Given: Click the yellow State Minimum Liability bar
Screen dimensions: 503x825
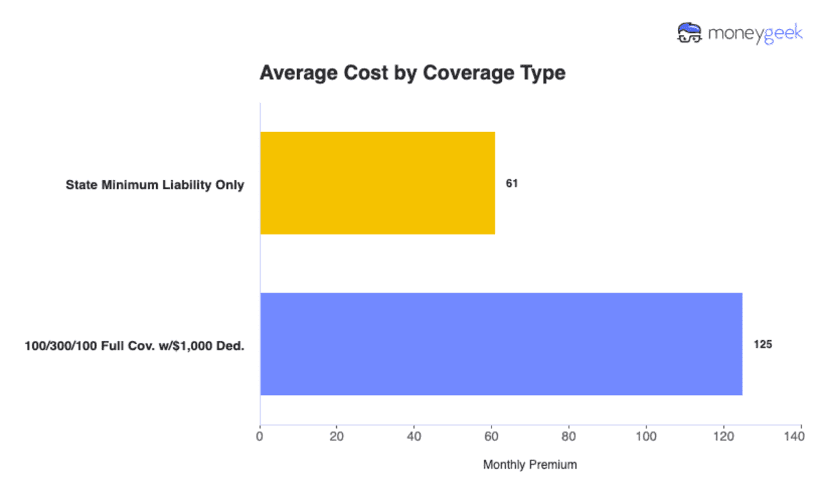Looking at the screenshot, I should pyautogui.click(x=377, y=183).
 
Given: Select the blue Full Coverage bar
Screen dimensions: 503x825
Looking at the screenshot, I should pyautogui.click(x=501, y=344).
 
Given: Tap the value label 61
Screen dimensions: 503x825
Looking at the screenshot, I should pyautogui.click(x=511, y=184).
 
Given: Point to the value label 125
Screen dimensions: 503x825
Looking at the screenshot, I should pyautogui.click(x=763, y=344).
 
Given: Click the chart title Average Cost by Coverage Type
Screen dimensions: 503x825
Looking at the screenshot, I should pyautogui.click(x=412, y=73).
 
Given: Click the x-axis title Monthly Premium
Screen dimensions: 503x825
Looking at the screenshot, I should pyautogui.click(x=530, y=465).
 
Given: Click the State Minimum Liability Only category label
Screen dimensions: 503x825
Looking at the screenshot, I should pyautogui.click(x=155, y=185).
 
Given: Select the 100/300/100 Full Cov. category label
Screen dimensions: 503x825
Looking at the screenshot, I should pyautogui.click(x=135, y=345).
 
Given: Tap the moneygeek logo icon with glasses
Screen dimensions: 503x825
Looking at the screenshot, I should pyautogui.click(x=689, y=33).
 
